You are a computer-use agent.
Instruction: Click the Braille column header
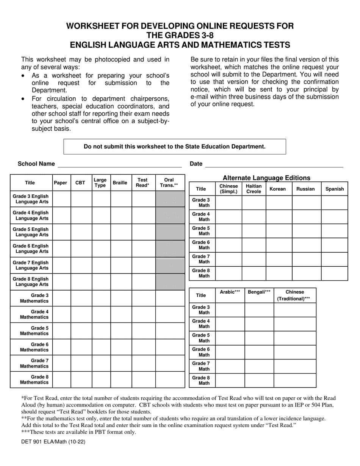(x=120, y=183)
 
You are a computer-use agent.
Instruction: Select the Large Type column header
(x=100, y=183)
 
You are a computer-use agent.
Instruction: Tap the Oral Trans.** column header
(x=169, y=183)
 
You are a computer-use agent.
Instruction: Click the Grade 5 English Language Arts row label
(x=31, y=232)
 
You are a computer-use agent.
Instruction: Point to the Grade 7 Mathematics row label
(x=34, y=363)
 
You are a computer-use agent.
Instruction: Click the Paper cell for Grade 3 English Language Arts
(x=61, y=199)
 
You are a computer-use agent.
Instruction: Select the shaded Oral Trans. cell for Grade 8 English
(x=169, y=281)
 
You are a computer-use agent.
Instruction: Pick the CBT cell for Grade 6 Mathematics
(x=81, y=347)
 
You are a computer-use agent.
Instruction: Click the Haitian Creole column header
(x=254, y=189)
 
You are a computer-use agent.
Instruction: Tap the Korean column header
(x=278, y=189)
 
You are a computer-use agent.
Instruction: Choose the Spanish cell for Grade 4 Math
(x=334, y=217)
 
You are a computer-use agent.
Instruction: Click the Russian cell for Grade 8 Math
(x=306, y=273)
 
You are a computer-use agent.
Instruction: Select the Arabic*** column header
(x=230, y=292)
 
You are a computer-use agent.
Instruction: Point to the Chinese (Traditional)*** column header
(x=295, y=295)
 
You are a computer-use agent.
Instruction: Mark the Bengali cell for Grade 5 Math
(x=259, y=338)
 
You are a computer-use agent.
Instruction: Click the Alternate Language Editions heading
(x=266, y=178)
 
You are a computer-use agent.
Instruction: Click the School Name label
(x=36, y=164)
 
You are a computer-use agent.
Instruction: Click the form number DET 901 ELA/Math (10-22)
(x=53, y=441)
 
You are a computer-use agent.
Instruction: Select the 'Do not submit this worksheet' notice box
(x=174, y=147)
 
